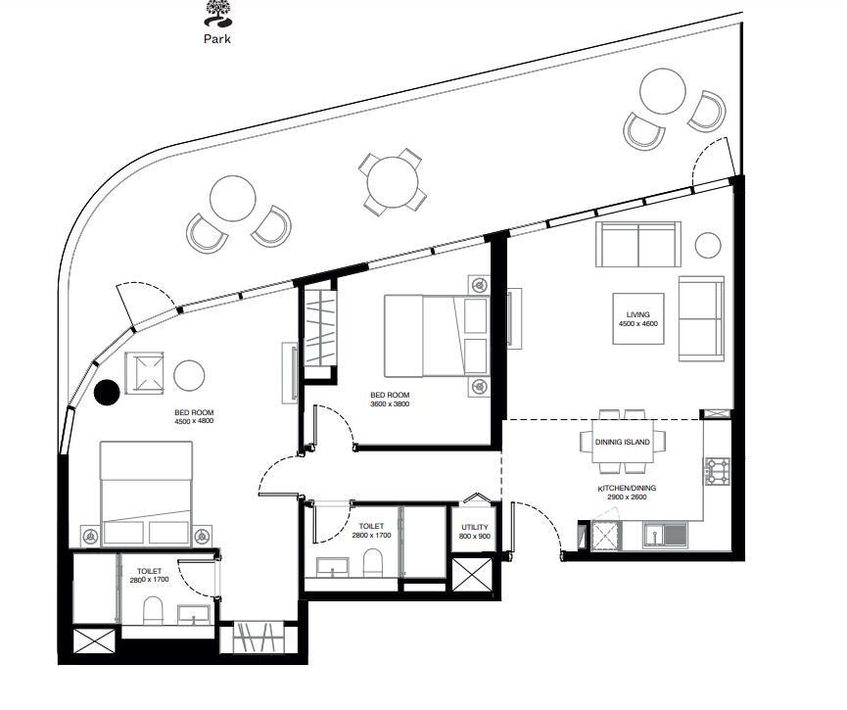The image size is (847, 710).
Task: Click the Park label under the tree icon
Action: tap(217, 39)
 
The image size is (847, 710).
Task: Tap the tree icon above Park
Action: tap(217, 14)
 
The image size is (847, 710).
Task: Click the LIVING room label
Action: tap(638, 314)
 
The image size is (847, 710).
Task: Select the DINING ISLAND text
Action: tap(623, 442)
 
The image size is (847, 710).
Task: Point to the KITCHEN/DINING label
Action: tap(627, 488)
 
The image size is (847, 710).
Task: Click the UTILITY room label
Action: tap(475, 528)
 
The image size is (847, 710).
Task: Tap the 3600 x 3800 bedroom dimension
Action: tap(390, 404)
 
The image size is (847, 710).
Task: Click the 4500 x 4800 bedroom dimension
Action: tap(194, 421)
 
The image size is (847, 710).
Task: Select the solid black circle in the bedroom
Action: tap(107, 393)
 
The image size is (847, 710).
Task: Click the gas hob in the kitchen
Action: tap(718, 471)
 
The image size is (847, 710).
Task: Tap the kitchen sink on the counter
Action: tap(666, 536)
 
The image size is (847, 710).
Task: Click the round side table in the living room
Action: tap(708, 245)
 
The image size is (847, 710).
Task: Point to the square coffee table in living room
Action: tap(638, 319)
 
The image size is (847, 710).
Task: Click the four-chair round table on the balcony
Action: tap(393, 182)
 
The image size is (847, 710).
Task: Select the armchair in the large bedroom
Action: tap(144, 373)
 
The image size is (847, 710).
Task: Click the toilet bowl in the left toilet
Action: tap(153, 610)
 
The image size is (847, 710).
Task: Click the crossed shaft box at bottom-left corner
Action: tap(94, 641)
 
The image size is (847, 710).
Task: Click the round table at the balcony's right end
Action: tap(662, 91)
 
